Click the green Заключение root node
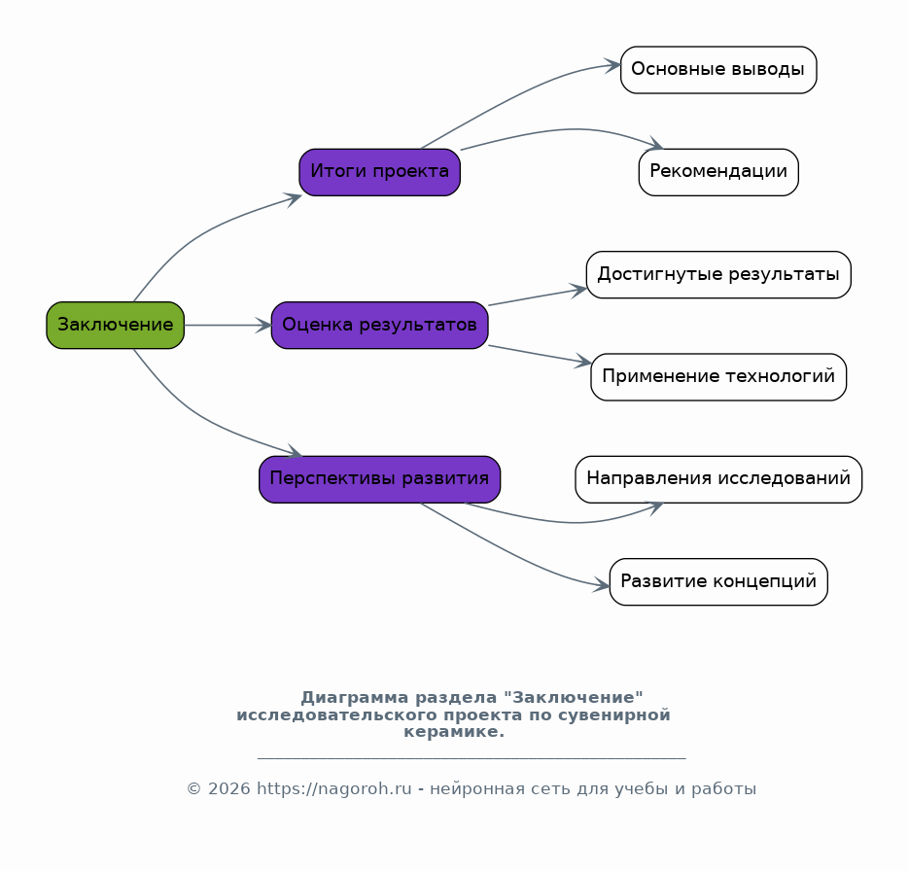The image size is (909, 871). pyautogui.click(x=116, y=325)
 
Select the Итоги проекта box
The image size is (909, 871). pyautogui.click(x=379, y=172)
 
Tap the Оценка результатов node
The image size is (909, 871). pyautogui.click(x=379, y=325)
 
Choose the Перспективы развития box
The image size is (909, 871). pyautogui.click(x=379, y=479)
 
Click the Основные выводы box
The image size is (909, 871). pyautogui.click(x=718, y=70)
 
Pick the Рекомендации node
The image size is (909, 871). pyautogui.click(x=718, y=172)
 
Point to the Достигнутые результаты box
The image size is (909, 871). pyautogui.click(x=718, y=274)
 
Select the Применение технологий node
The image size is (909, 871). pyautogui.click(x=718, y=376)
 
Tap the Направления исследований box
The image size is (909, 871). pyautogui.click(x=718, y=479)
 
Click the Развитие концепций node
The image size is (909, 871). pyautogui.click(x=718, y=581)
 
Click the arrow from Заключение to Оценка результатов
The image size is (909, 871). pyautogui.click(x=227, y=325)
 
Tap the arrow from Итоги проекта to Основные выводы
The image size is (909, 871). pyautogui.click(x=515, y=97)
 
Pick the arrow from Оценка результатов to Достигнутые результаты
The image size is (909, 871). pyautogui.click(x=537, y=297)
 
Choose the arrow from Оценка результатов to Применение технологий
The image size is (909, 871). pyautogui.click(x=540, y=355)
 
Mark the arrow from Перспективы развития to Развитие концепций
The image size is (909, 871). pyautogui.click(x=515, y=553)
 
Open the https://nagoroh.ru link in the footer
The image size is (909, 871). pyautogui.click(x=333, y=788)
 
